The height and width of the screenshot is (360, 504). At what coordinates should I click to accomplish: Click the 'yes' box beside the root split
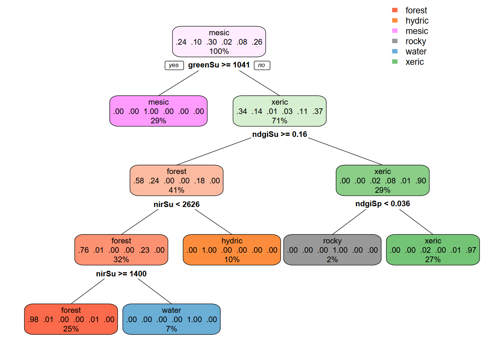point(174,65)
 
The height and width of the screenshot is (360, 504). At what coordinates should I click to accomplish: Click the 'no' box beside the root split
point(262,65)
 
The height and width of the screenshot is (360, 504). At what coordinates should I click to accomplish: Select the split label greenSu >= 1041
point(219,65)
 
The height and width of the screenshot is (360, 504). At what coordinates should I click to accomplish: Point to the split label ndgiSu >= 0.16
point(279,134)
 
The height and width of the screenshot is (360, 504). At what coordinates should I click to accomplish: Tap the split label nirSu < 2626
point(177,204)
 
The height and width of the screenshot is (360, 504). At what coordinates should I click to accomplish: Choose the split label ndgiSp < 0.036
point(382,204)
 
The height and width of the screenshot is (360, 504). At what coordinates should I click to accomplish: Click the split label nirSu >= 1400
point(121,274)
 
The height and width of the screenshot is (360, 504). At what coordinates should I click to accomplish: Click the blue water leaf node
point(171,319)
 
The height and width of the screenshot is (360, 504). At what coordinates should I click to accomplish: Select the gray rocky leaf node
point(332,250)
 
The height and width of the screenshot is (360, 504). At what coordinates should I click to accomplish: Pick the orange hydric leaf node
point(232,250)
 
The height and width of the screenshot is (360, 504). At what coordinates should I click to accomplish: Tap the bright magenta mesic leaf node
point(158,111)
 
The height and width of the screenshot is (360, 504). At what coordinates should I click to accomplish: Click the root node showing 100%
point(219,42)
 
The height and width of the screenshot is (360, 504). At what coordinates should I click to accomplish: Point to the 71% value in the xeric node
point(279,121)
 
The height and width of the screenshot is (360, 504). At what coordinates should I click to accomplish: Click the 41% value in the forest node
point(176,190)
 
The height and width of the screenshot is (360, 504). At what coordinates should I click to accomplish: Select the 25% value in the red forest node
point(71,329)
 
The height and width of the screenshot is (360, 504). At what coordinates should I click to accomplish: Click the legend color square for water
point(394,51)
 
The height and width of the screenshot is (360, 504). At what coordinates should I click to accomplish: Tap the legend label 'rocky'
point(415,41)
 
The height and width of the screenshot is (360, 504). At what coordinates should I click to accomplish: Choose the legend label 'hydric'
point(417,21)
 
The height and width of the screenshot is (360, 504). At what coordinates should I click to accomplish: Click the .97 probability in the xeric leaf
point(471,250)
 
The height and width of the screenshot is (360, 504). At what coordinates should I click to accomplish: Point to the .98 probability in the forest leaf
point(33,319)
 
